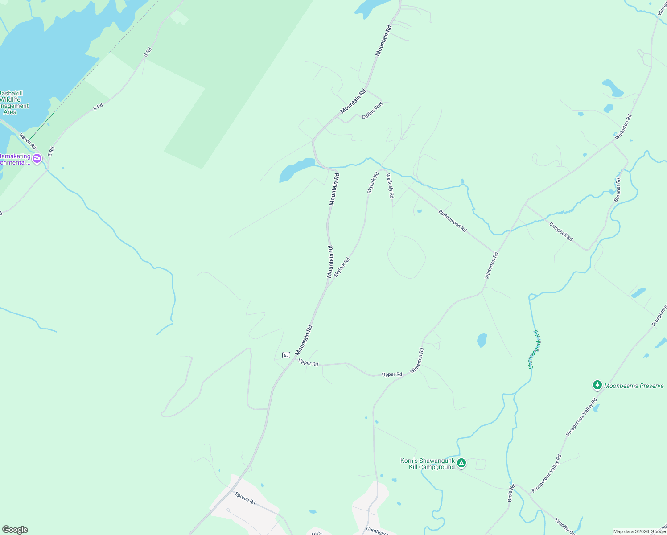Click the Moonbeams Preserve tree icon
click(597, 385)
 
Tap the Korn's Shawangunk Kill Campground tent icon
click(461, 464)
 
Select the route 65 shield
click(286, 355)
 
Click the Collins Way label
click(372, 111)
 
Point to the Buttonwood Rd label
click(452, 221)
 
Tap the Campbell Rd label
click(561, 232)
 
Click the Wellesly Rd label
click(390, 186)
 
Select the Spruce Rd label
click(245, 498)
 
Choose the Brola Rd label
click(511, 493)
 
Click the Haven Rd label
click(27, 141)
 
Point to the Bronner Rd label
click(618, 190)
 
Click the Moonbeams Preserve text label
click(634, 386)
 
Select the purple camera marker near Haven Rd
click(37, 158)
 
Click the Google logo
click(15, 530)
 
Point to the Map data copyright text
click(639, 531)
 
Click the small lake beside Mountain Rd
click(296, 169)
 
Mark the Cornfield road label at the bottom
click(377, 531)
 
